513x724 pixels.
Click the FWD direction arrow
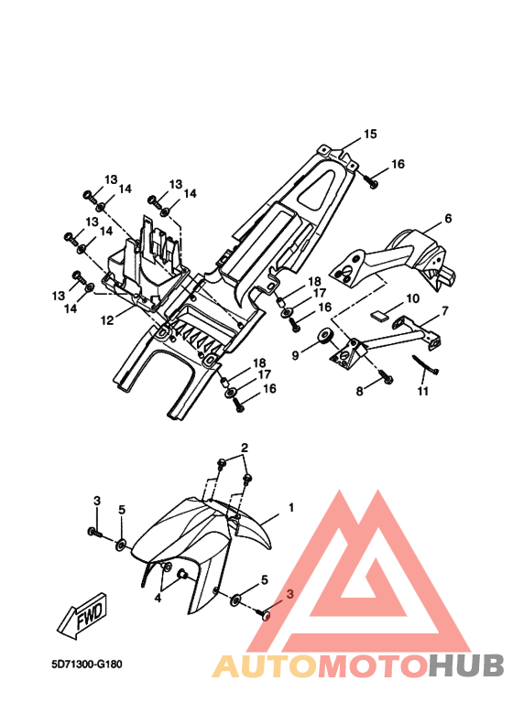pyautogui.click(x=82, y=616)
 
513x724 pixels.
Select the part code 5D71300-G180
pyautogui.click(x=87, y=665)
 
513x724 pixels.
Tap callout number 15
pyautogui.click(x=370, y=134)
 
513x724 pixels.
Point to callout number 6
pyautogui.click(x=448, y=218)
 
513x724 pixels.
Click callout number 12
pyautogui.click(x=107, y=319)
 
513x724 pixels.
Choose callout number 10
pyautogui.click(x=413, y=298)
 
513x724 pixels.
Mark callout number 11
pyautogui.click(x=423, y=391)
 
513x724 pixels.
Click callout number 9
pyautogui.click(x=295, y=354)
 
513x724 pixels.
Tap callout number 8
pyautogui.click(x=360, y=392)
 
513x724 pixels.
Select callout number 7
pyautogui.click(x=444, y=311)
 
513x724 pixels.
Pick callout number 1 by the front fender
pyautogui.click(x=291, y=507)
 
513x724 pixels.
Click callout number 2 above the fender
pyautogui.click(x=245, y=448)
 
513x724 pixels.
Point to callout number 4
pyautogui.click(x=158, y=598)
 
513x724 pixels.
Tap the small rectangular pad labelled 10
pyautogui.click(x=378, y=317)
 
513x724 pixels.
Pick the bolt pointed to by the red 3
pyautogui.click(x=263, y=614)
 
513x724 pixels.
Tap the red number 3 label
pyautogui.click(x=290, y=594)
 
